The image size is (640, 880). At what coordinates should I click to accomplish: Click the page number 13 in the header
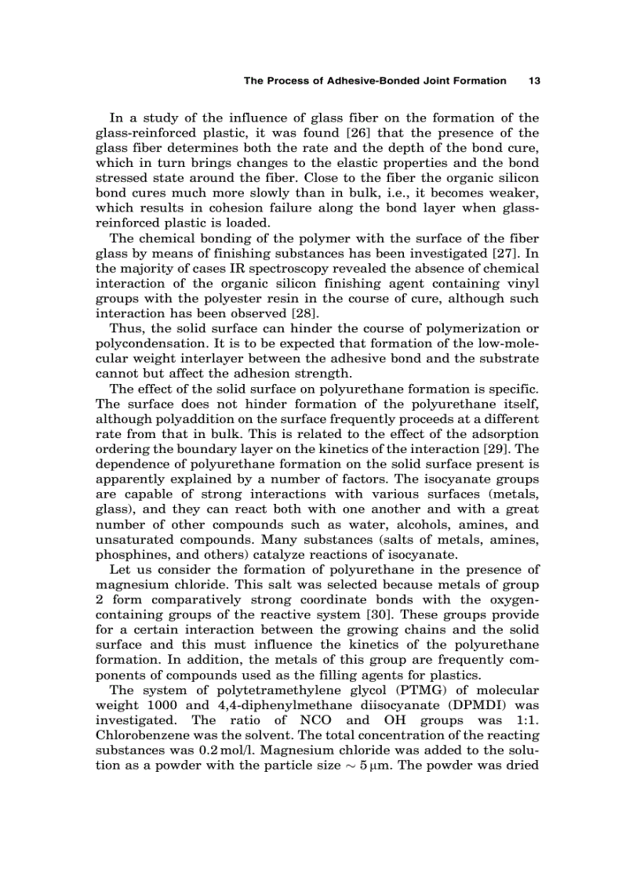click(536, 80)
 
